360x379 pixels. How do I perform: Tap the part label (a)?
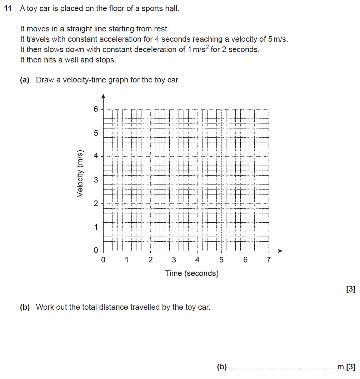coord(25,80)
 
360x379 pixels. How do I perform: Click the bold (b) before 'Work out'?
coord(25,307)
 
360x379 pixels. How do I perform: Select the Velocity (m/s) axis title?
coord(80,173)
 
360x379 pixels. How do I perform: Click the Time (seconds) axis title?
coord(191,273)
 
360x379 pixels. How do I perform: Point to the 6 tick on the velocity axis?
coord(96,109)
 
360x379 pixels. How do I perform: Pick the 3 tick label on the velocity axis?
coord(96,180)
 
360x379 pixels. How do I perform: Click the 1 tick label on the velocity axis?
coord(96,227)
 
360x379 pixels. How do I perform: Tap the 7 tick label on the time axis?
coord(269,260)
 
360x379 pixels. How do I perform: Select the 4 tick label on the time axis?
coord(197,260)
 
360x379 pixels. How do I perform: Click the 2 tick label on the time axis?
coord(150,260)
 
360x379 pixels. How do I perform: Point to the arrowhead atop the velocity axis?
coord(103,96)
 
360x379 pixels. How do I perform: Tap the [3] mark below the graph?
coord(351,289)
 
